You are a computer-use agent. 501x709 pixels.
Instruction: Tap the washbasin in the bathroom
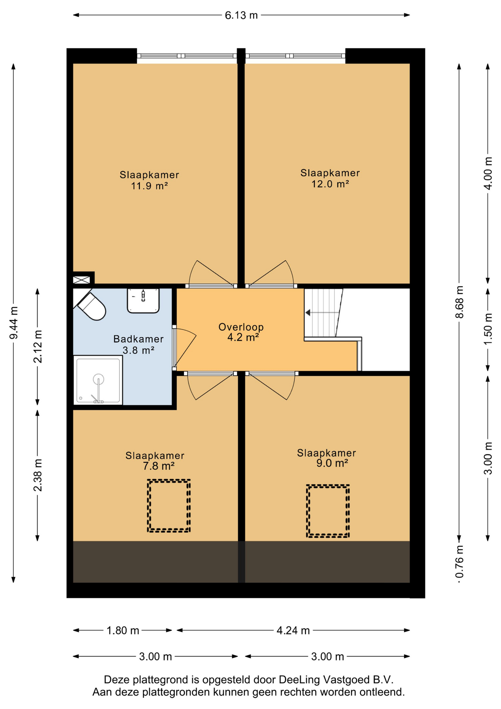[x=143, y=301]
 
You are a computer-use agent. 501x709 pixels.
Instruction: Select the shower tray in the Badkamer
[x=98, y=380]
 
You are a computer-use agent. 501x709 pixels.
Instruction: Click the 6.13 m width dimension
[x=241, y=15]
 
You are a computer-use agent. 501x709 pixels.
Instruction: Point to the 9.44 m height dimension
[x=14, y=323]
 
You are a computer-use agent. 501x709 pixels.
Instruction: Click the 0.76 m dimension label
[x=459, y=562]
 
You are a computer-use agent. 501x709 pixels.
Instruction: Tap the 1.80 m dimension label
[x=123, y=630]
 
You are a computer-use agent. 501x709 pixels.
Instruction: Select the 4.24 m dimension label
[x=293, y=630]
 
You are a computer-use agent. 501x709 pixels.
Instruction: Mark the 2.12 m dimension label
[x=38, y=346]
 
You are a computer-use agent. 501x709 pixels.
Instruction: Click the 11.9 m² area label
[x=149, y=185]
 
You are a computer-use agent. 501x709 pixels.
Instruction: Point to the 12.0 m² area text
[x=330, y=184]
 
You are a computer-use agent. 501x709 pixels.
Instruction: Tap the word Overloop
[x=241, y=327]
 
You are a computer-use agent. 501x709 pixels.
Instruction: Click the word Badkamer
[x=138, y=339]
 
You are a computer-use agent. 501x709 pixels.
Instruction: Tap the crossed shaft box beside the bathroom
[x=82, y=280]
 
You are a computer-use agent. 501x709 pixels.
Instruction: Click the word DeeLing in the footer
[x=300, y=680]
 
